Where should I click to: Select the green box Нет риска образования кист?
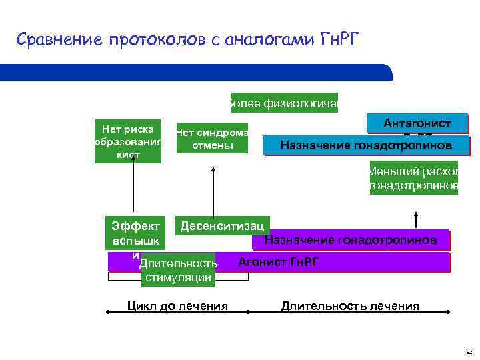pos(128,141)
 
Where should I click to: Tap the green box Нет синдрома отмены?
pos(212,138)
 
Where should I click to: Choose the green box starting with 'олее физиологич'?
pos(284,103)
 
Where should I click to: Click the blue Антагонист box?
pos(417,124)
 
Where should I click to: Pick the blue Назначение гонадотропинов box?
pos(367,145)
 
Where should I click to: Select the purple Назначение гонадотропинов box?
pos(351,240)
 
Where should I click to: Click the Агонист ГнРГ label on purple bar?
pos(278,261)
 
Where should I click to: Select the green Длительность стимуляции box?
pos(179,271)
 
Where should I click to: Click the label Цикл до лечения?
pos(177,306)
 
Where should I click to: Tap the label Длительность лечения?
pos(350,306)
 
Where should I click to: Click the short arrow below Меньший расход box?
pos(417,219)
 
